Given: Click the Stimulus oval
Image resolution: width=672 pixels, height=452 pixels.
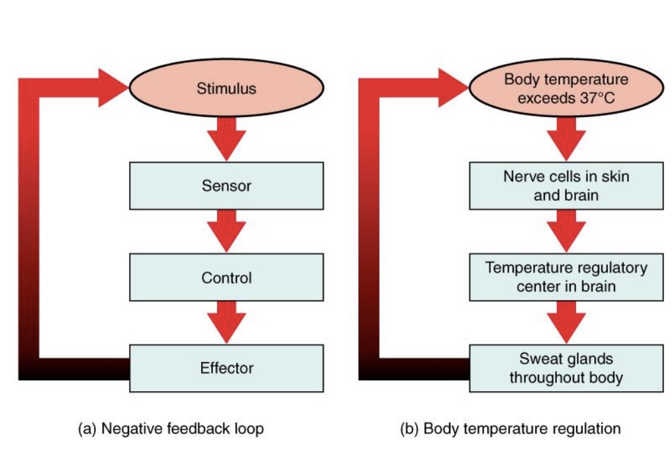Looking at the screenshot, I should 226,88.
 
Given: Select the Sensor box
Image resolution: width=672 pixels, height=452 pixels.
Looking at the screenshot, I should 226,186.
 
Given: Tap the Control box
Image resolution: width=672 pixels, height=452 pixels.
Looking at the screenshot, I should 226,278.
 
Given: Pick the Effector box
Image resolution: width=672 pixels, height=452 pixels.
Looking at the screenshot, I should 226,368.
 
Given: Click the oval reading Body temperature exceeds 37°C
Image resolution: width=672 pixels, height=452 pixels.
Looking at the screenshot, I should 566,88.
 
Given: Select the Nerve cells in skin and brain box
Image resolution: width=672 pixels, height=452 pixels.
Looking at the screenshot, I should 566,186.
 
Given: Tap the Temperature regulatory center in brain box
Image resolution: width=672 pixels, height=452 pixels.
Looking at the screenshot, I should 566,278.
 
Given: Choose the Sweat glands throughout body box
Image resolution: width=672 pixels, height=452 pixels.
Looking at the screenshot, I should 566,368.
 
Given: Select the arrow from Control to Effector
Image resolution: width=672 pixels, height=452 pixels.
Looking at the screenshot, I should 226,322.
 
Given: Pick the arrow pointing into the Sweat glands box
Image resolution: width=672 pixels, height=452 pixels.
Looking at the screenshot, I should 566,322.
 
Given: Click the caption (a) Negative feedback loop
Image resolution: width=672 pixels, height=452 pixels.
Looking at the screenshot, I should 171,429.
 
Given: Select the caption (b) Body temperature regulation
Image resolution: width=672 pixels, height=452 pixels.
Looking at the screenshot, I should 510,429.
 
